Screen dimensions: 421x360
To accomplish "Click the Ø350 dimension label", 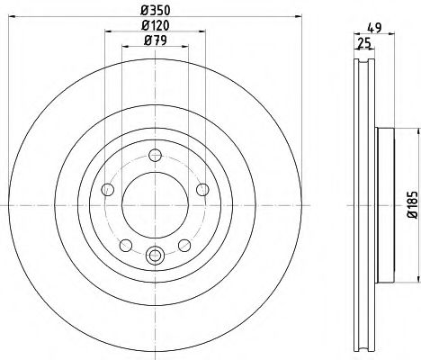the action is (156, 11).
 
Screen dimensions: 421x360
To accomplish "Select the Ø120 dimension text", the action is (156, 25).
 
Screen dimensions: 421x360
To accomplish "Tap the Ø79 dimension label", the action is (156, 40).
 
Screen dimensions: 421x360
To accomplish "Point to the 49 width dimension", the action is (374, 28).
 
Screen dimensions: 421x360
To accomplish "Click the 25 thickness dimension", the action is (364, 43).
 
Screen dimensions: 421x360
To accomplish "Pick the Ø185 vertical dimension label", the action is (412, 204).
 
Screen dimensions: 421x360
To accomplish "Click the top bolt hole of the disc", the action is (156, 155).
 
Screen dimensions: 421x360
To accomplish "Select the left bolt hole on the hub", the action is (108, 190).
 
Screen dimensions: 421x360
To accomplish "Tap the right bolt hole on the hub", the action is (202, 190).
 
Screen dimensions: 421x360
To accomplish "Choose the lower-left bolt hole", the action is (126, 246).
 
